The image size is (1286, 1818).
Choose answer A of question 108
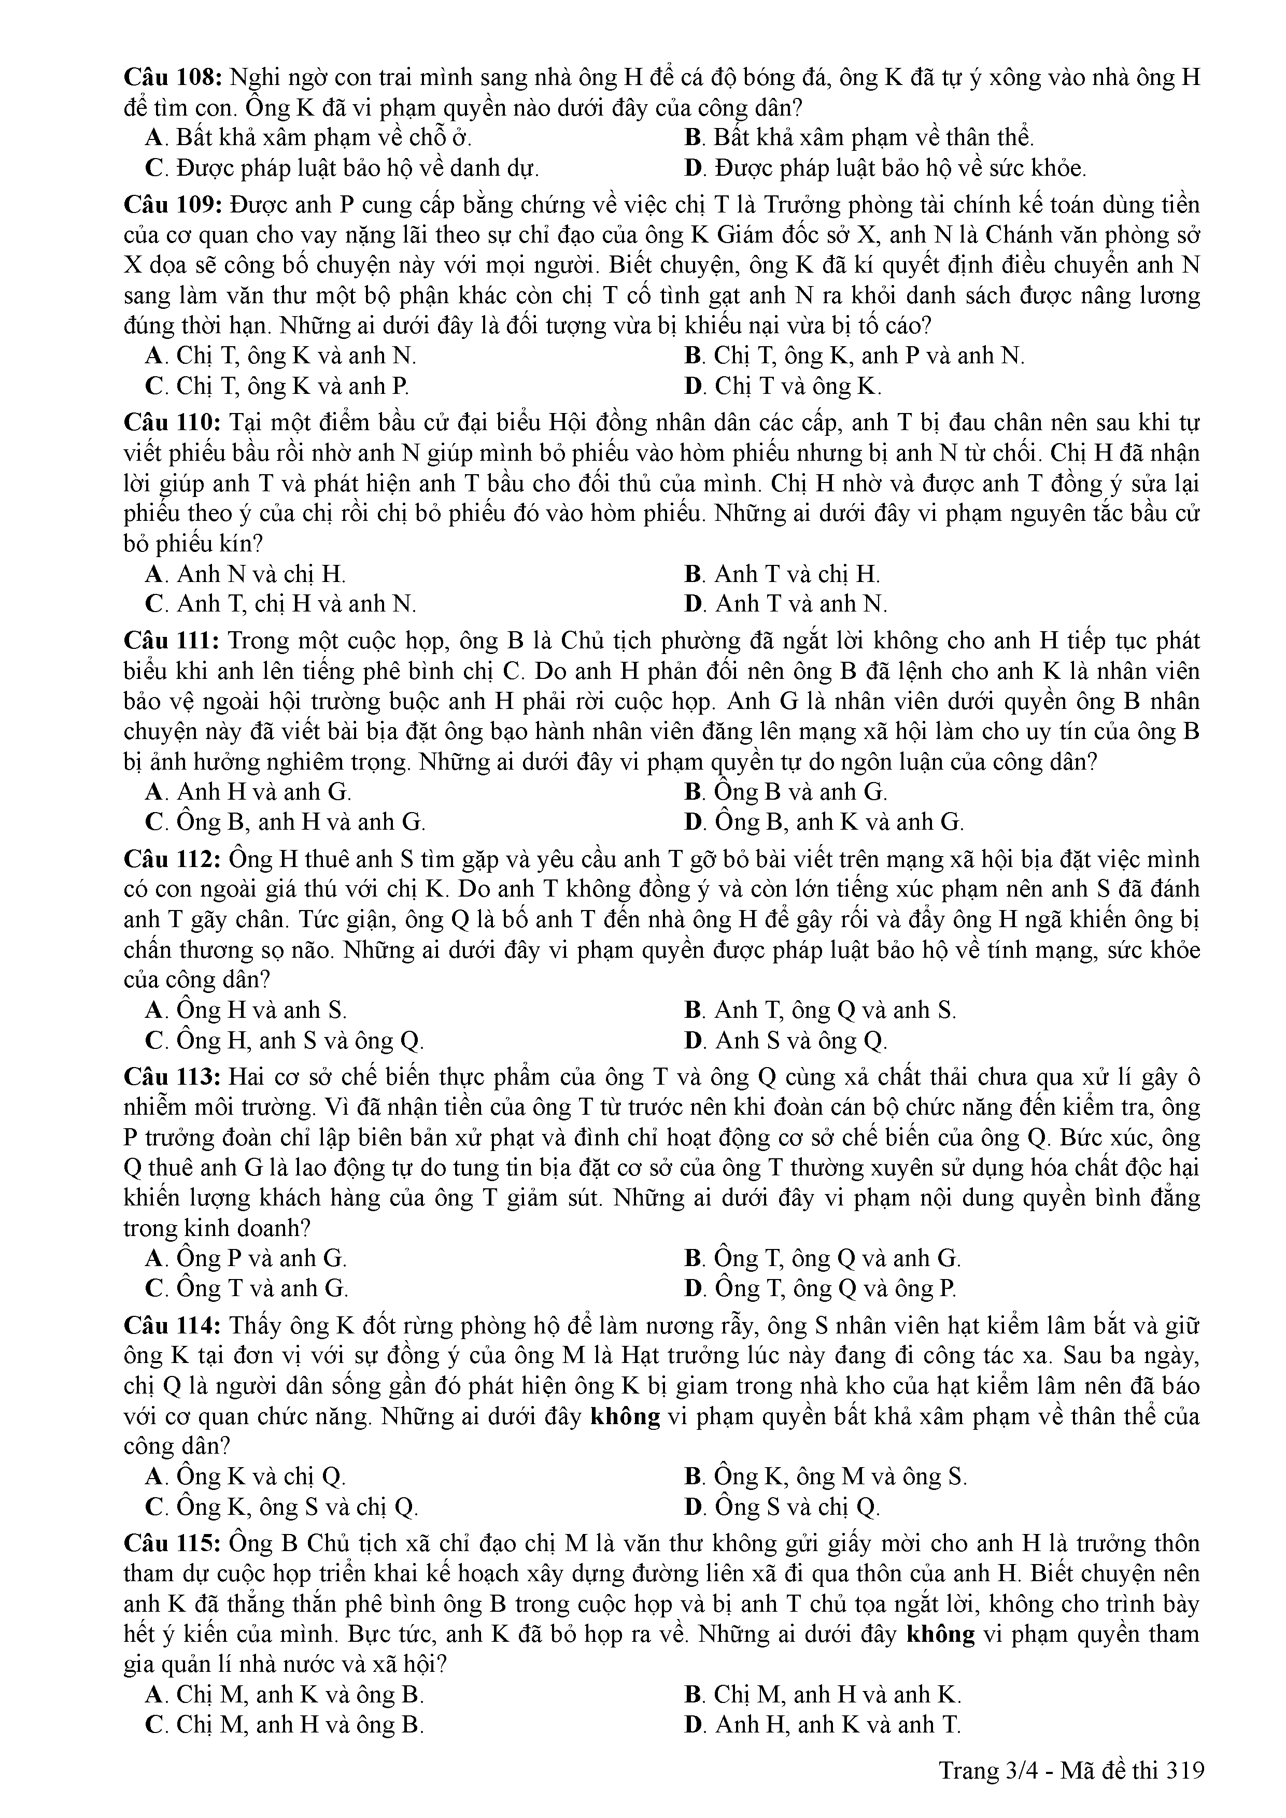pos(309,138)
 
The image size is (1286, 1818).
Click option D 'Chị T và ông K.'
pos(783,387)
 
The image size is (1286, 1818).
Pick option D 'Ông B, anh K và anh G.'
pos(824,822)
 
